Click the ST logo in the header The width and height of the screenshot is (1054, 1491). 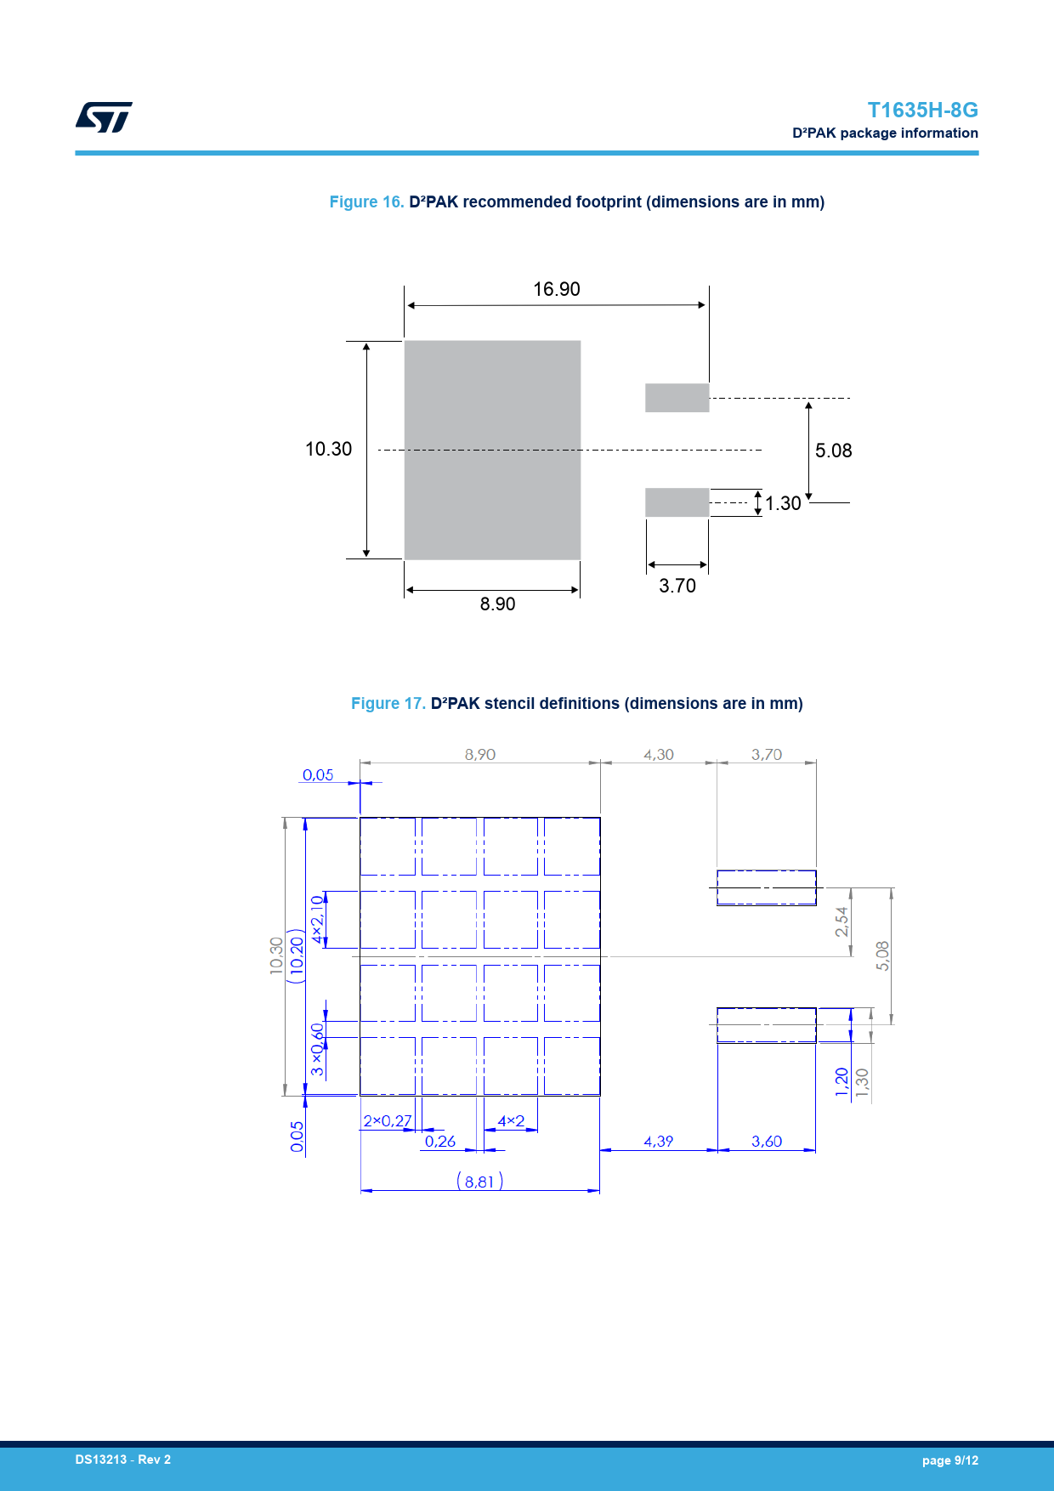tap(104, 117)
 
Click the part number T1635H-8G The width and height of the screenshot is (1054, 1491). tap(922, 111)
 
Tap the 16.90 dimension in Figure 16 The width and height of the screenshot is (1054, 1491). tap(557, 289)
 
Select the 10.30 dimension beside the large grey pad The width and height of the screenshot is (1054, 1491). tap(328, 449)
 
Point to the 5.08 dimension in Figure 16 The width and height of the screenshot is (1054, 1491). tap(833, 451)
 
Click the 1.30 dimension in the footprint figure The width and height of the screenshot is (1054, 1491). tap(783, 503)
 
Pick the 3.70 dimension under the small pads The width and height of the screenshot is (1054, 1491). tap(677, 586)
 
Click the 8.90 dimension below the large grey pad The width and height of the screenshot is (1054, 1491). tap(497, 604)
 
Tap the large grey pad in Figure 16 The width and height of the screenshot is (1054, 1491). tap(492, 450)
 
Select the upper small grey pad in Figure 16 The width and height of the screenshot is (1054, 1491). tap(677, 398)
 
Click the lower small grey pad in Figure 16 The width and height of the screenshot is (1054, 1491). tap(677, 502)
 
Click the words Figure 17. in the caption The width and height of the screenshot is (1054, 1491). tap(388, 704)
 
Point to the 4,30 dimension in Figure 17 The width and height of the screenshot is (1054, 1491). tap(659, 755)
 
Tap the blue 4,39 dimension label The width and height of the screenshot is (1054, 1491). tap(659, 1142)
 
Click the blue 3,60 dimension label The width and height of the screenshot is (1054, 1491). tap(767, 1142)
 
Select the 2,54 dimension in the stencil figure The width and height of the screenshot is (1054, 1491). tap(841, 921)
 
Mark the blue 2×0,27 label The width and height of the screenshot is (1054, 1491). tap(388, 1121)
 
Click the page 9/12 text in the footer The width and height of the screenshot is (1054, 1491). tap(950, 1460)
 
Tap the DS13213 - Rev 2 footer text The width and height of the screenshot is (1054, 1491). tap(123, 1460)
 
